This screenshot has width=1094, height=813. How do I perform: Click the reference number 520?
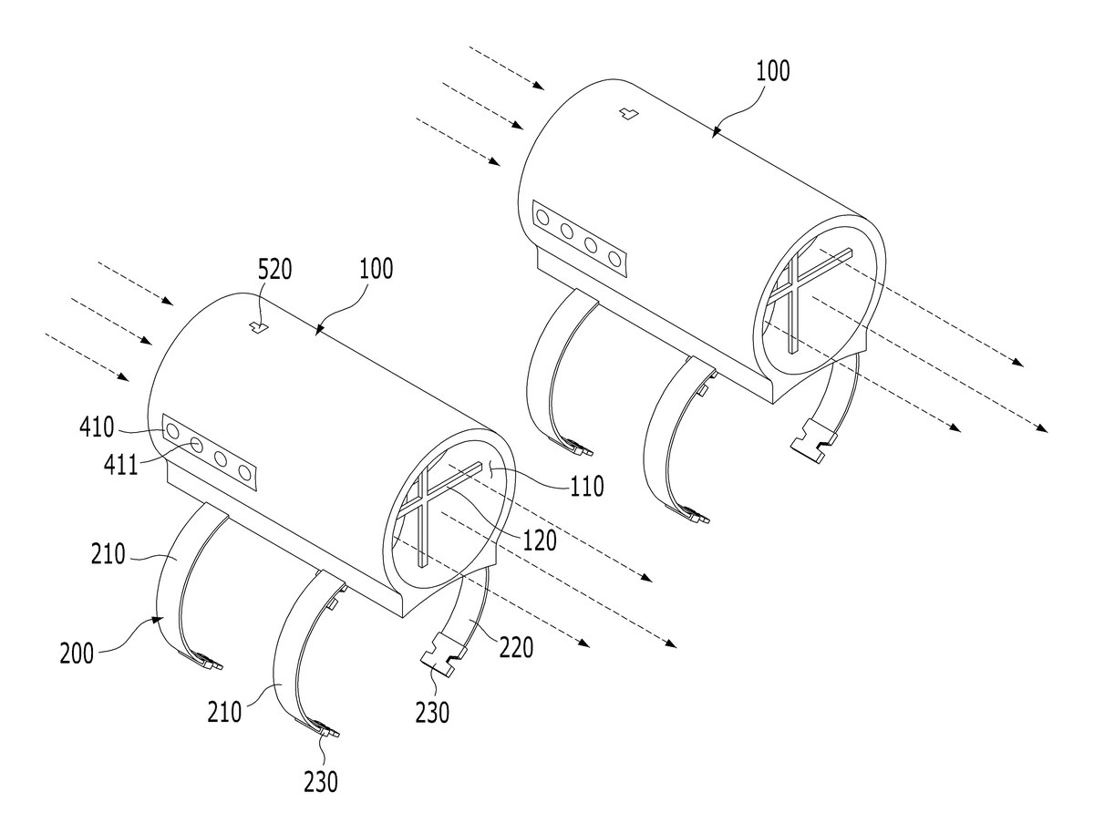[274, 269]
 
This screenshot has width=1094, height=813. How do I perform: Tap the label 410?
[97, 427]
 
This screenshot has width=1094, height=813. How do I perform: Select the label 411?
[120, 465]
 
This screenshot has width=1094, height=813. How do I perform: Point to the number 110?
[587, 486]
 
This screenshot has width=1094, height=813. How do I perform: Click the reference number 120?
[540, 540]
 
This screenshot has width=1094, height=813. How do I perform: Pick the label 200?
[77, 653]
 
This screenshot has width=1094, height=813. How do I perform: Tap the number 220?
[516, 648]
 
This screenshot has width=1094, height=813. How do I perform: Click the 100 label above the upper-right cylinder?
[773, 70]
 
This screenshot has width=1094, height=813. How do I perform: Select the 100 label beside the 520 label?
[376, 269]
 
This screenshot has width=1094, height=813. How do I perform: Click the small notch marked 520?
[258, 326]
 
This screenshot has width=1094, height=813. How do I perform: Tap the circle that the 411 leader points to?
[196, 446]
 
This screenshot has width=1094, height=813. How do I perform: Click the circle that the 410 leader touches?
[172, 432]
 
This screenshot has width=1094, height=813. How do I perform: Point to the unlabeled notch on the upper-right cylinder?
[628, 114]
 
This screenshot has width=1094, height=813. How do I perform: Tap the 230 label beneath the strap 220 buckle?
[432, 713]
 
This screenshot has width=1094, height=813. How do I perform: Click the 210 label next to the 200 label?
[108, 554]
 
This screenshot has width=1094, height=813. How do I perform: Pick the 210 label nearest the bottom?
[224, 712]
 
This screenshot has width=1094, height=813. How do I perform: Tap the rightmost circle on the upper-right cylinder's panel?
[614, 258]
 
